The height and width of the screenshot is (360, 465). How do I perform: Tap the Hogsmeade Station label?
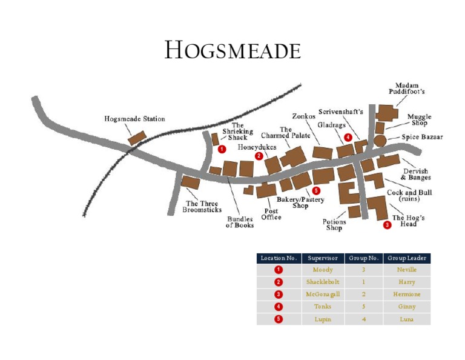[134, 119]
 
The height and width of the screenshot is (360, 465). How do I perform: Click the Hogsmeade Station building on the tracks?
[137, 137]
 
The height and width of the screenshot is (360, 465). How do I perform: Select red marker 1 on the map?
[222, 148]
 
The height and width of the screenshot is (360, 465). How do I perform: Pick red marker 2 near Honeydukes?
[259, 156]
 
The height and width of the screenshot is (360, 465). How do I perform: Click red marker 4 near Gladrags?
[348, 138]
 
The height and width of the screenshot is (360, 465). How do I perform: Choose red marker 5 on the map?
[316, 190]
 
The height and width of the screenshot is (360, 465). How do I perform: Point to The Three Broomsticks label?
[202, 207]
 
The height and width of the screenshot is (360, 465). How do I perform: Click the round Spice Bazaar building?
[380, 141]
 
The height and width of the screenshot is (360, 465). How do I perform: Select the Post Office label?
[271, 214]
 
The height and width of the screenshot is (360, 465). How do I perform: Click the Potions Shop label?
[334, 225]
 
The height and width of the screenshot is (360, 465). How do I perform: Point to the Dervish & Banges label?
[415, 174]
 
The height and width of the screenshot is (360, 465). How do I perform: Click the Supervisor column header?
[323, 258]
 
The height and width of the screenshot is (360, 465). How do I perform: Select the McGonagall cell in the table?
[323, 295]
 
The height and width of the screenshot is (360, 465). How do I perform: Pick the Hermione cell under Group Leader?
[407, 295]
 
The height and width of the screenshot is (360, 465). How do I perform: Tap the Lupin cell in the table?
[323, 319]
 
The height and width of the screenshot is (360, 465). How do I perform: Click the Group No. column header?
[364, 258]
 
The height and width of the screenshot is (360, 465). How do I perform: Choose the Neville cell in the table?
[407, 270]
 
